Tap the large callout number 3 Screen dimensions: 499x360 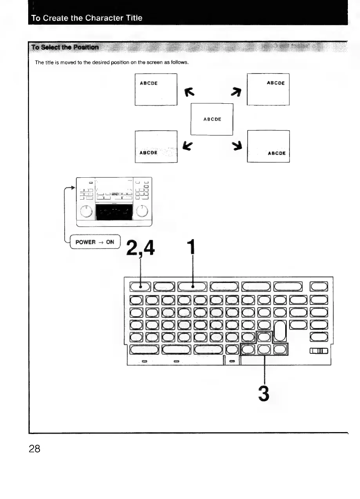(x=264, y=393)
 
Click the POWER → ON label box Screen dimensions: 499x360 (x=94, y=242)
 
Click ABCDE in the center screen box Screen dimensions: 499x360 (x=212, y=119)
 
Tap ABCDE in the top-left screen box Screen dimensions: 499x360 (x=149, y=83)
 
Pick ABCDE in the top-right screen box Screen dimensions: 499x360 (x=275, y=83)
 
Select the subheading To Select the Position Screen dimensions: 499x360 (x=65, y=47)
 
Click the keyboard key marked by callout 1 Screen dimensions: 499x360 (x=192, y=287)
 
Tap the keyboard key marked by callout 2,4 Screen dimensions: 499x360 (x=140, y=287)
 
